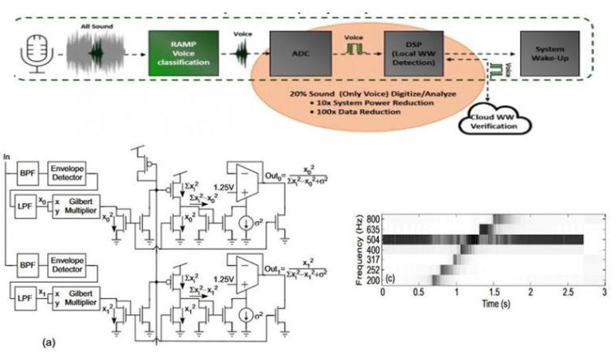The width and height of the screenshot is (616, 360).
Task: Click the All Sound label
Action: pyautogui.click(x=96, y=26)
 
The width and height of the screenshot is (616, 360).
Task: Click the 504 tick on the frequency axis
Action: pyautogui.click(x=372, y=240)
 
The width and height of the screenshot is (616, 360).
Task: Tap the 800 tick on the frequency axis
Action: pyautogui.click(x=372, y=219)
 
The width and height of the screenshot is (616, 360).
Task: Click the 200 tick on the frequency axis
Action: pyautogui.click(x=372, y=280)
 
